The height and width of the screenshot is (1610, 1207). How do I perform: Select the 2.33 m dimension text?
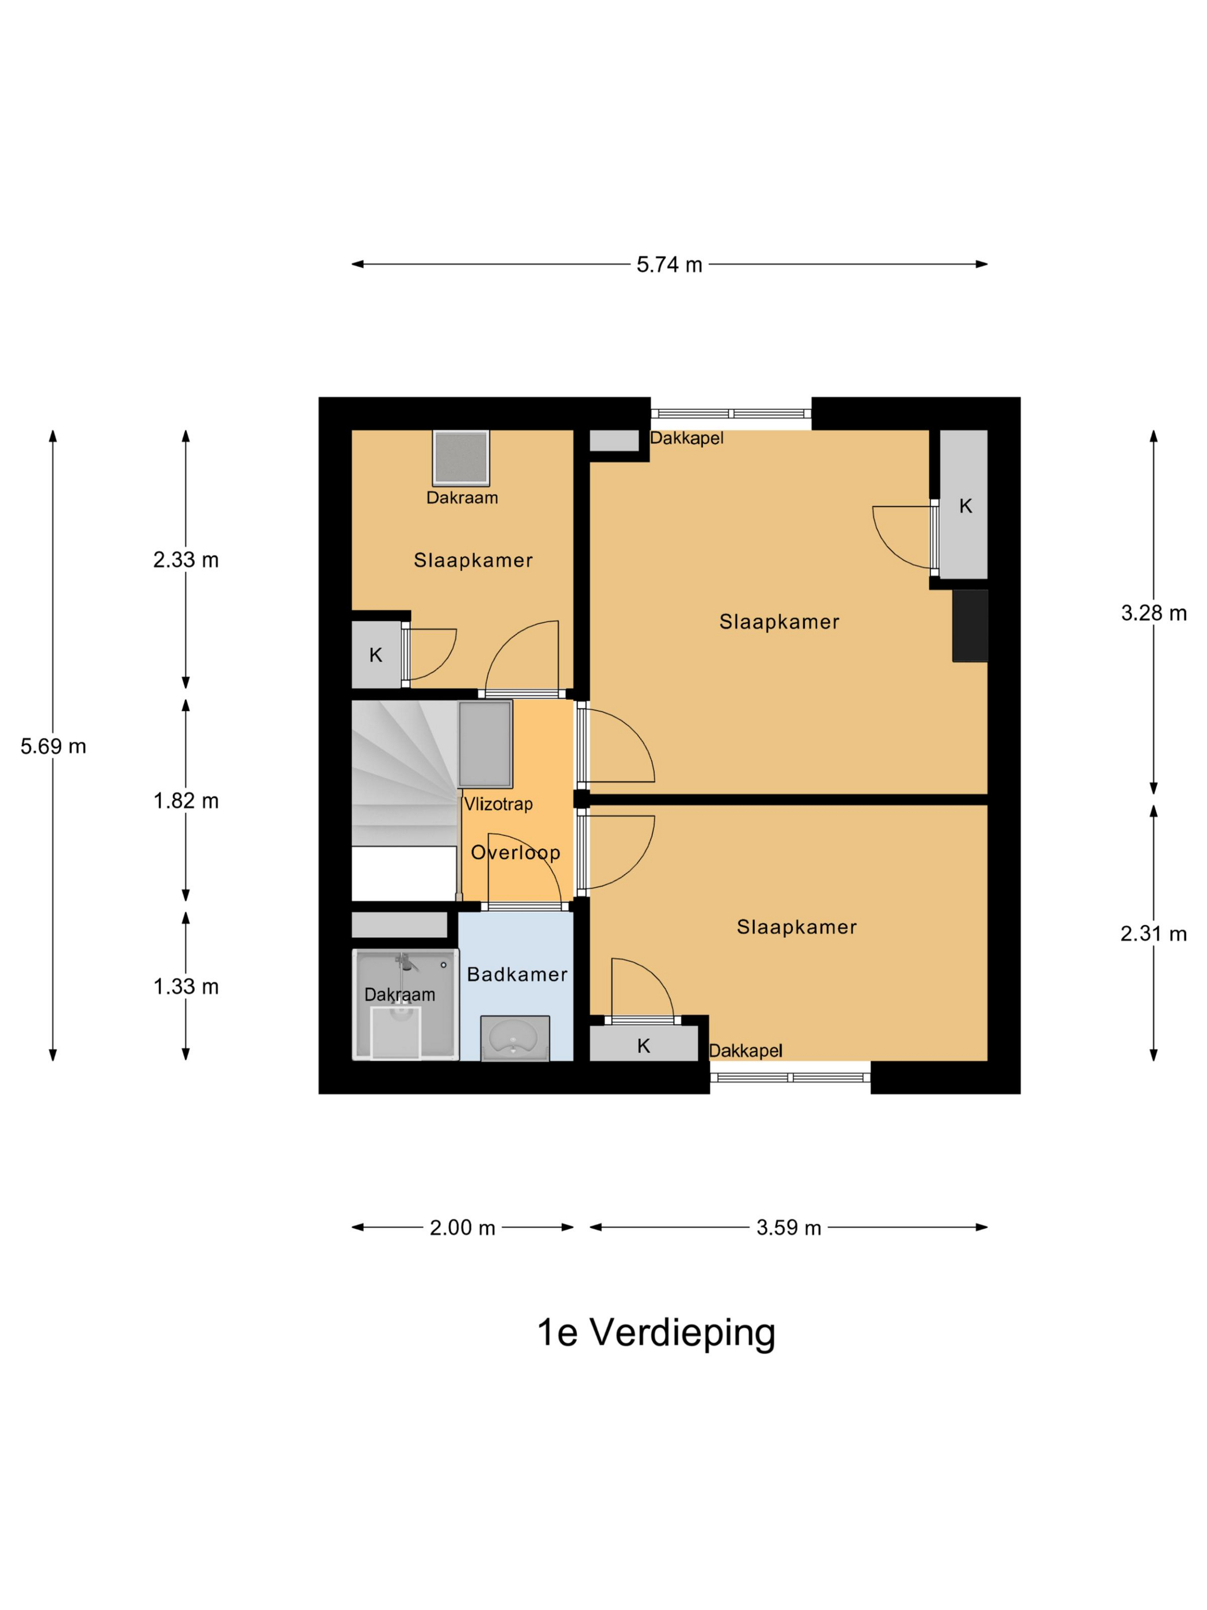tap(186, 559)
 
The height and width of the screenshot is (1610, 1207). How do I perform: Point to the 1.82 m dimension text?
tap(186, 800)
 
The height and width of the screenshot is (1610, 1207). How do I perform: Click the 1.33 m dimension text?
tap(186, 986)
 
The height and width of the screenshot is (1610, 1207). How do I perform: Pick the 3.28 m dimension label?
tap(1153, 613)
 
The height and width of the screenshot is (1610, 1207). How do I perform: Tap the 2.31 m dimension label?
tap(1153, 933)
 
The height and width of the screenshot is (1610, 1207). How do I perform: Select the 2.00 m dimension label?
tap(462, 1228)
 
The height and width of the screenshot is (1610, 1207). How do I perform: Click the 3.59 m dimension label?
tap(789, 1228)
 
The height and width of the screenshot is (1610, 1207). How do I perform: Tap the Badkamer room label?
tap(517, 975)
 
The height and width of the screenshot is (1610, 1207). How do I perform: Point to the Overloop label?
tap(515, 853)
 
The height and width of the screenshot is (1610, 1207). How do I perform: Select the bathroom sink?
tap(514, 1038)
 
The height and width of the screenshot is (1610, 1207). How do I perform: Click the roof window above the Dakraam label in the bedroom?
tap(460, 458)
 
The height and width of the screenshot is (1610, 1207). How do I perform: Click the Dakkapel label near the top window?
tap(686, 438)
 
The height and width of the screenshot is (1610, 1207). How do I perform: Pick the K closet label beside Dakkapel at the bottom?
tap(643, 1046)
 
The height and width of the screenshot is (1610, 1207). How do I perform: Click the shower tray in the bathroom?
tap(405, 1005)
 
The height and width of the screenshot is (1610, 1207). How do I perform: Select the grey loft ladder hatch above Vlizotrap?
tap(485, 744)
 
